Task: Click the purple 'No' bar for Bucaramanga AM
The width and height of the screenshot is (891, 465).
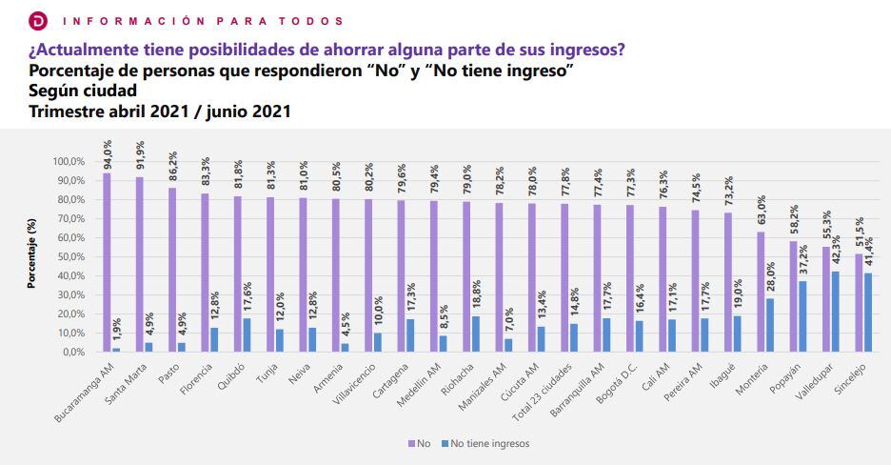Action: [x=107, y=262]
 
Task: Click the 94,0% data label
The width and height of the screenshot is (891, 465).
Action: [x=108, y=152]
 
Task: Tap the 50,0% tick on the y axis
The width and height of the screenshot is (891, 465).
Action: [x=69, y=257]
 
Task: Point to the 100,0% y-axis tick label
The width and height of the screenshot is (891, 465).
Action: [x=68, y=162]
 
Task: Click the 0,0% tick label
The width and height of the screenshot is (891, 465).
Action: [x=72, y=353]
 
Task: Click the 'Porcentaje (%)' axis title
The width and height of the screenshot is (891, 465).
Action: [x=31, y=257]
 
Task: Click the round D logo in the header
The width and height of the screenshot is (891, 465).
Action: [x=37, y=20]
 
